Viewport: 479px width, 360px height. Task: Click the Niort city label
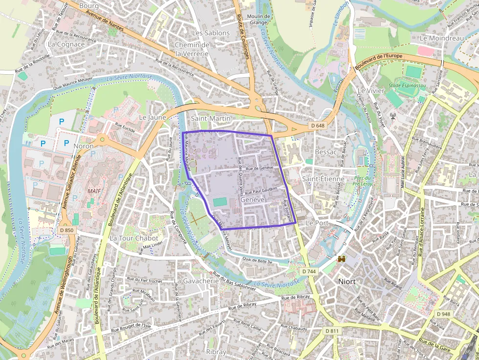(x=347, y=282)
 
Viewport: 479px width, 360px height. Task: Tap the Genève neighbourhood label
(x=253, y=200)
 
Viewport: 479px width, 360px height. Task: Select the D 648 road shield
(x=317, y=126)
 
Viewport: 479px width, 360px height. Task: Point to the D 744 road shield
(x=309, y=271)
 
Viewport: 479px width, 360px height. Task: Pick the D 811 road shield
(x=331, y=331)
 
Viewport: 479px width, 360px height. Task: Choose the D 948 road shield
(x=443, y=314)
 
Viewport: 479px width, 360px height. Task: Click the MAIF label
(x=94, y=190)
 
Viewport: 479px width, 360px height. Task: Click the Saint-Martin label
(x=211, y=118)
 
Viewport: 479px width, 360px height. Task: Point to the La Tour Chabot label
(x=134, y=238)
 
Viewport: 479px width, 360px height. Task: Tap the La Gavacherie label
(x=197, y=281)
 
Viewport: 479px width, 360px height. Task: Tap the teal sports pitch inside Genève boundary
(x=220, y=202)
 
